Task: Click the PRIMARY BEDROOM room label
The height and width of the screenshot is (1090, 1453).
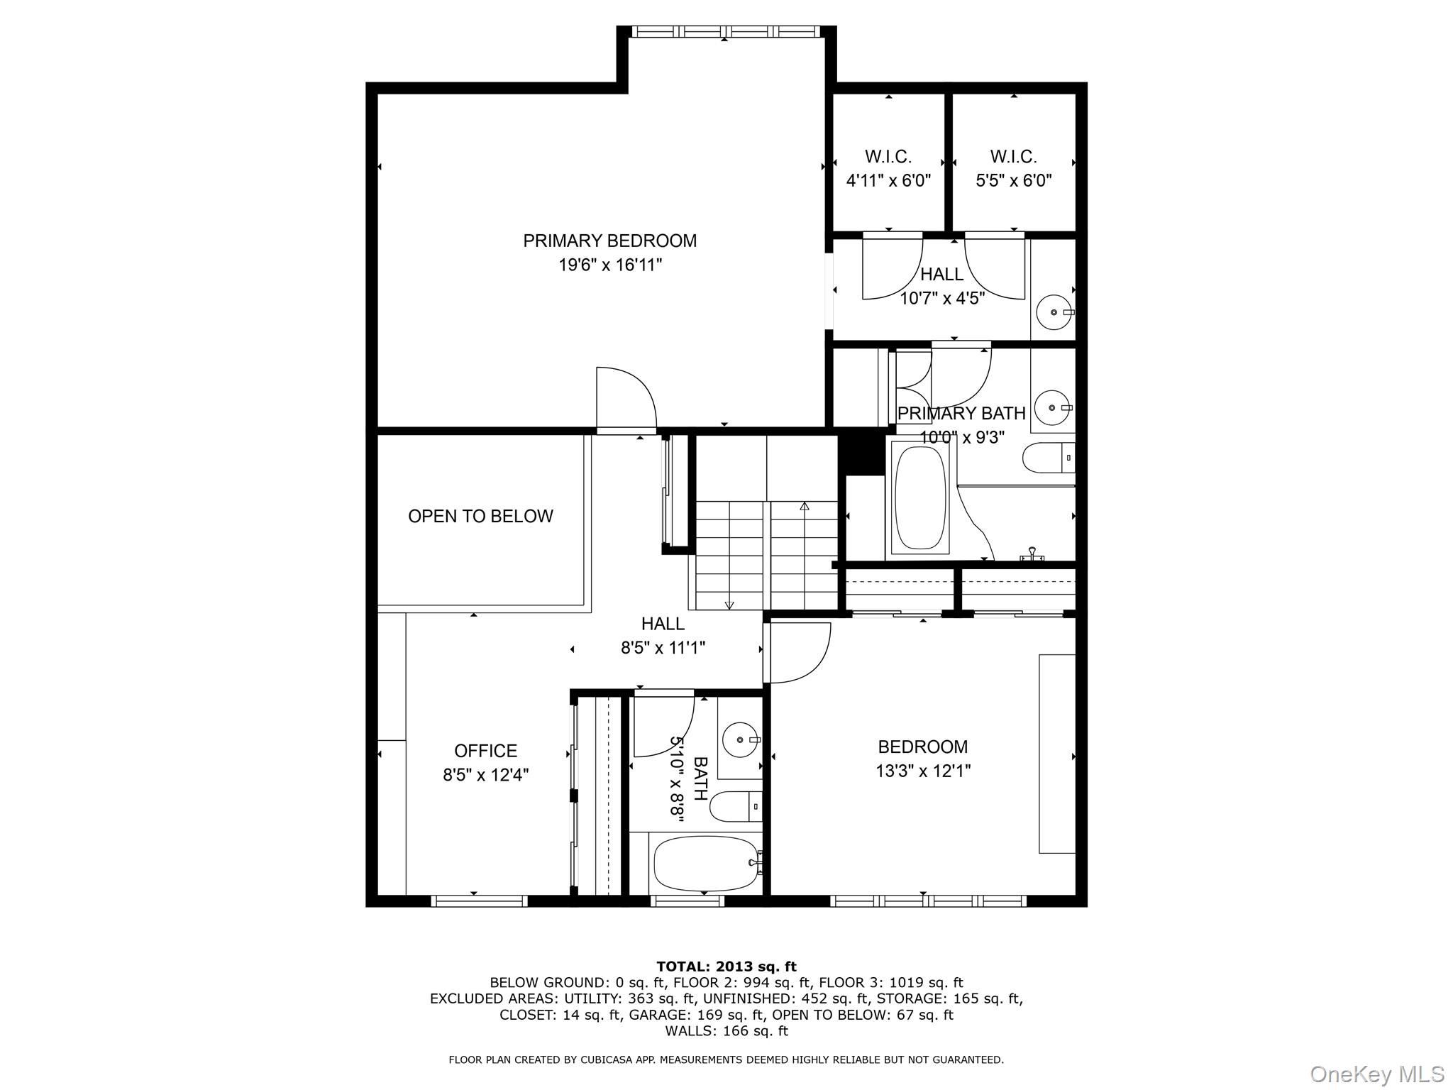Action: [609, 241]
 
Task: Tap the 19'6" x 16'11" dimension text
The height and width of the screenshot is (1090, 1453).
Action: [609, 265]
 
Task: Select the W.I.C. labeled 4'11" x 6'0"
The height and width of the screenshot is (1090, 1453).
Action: [888, 168]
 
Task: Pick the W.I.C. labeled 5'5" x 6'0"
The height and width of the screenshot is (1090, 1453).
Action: [1013, 168]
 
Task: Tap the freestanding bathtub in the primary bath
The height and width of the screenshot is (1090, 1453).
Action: [920, 497]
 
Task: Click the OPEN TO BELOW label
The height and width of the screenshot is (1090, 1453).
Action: [480, 516]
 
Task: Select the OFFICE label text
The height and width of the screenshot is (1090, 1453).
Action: [485, 751]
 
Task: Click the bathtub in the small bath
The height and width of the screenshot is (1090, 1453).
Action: [705, 863]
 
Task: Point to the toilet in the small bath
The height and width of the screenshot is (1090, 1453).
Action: [735, 806]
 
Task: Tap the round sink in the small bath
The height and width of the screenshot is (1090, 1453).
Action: [739, 740]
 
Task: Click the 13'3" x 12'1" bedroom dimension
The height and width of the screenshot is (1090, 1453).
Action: [922, 771]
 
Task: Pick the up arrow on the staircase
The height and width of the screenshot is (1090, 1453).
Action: [804, 507]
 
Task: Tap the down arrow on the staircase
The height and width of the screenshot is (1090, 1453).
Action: [729, 605]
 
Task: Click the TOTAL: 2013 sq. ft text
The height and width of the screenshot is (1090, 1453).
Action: [726, 967]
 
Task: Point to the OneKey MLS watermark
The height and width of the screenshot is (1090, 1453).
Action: [1376, 1074]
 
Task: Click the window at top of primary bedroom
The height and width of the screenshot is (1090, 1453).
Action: [725, 31]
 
